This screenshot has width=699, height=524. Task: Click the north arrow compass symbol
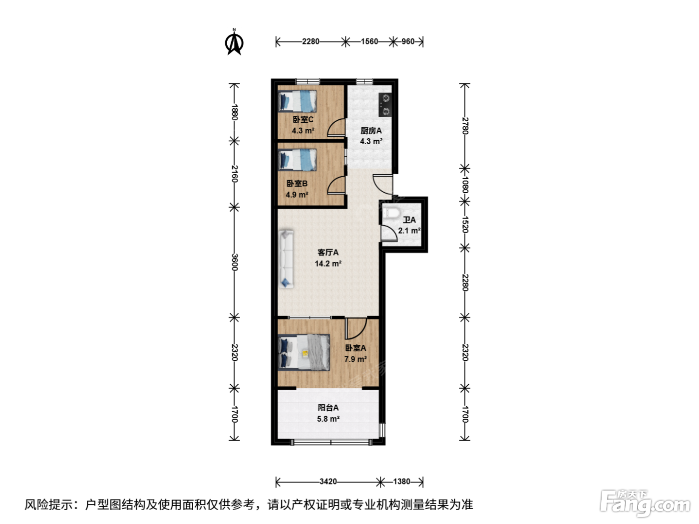[x=234, y=42]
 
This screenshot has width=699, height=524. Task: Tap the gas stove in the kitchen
[x=385, y=105]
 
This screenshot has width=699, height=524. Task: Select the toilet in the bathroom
[x=390, y=213]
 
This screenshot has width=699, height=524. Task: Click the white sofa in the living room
[x=286, y=259]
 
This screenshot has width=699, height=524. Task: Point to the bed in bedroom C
[x=297, y=101]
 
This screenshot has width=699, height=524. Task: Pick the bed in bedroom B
[x=297, y=160]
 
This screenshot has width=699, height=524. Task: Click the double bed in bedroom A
[x=304, y=352]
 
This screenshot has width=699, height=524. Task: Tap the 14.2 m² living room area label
[x=328, y=264]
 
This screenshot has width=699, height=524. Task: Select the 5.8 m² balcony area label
[x=328, y=419]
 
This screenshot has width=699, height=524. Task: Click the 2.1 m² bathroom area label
[x=409, y=231]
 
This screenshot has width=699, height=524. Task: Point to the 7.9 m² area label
[x=355, y=359]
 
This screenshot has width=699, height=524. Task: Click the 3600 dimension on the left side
[x=234, y=262]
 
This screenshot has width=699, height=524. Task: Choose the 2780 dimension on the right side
[x=465, y=126]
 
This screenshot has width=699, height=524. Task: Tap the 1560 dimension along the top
[x=369, y=41]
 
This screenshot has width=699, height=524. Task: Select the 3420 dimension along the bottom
[x=328, y=482]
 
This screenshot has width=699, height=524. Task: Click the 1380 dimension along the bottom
[x=401, y=482]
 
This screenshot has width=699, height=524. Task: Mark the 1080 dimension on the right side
[x=465, y=185]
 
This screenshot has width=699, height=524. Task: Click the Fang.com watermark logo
[x=645, y=503]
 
